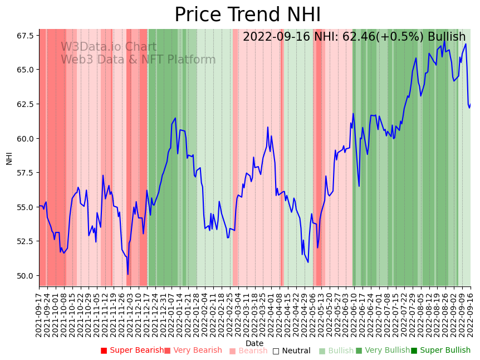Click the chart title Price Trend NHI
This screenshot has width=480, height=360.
[247, 15]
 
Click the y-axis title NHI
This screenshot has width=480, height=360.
[9, 158]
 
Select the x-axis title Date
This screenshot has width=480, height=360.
[254, 344]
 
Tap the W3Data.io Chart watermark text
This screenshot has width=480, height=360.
[109, 47]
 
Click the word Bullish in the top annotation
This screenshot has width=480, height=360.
[447, 37]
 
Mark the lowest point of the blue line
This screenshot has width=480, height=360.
[128, 274]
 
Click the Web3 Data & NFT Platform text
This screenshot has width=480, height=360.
[138, 60]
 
